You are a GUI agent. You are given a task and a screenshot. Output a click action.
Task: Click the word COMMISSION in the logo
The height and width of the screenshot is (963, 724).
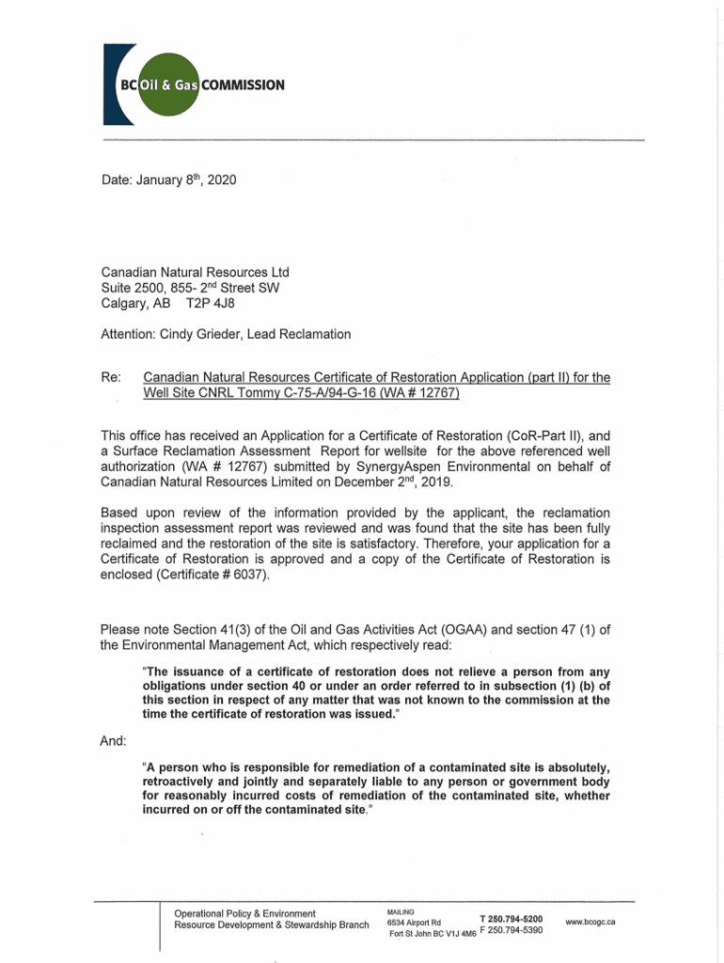[244, 85]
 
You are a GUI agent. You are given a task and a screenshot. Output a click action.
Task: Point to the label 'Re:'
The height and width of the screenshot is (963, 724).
[111, 378]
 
